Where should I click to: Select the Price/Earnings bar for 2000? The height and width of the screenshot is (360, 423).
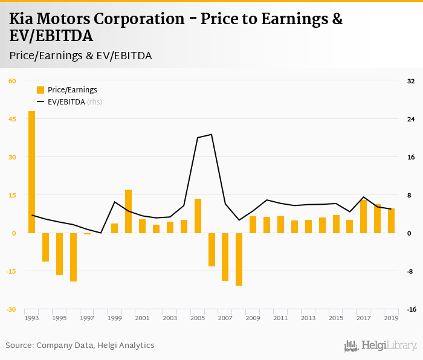(128, 211)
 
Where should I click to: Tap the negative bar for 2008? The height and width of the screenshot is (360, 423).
(239, 259)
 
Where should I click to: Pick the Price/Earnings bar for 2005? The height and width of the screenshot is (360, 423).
(198, 216)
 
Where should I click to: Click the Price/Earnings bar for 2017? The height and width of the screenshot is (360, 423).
(363, 216)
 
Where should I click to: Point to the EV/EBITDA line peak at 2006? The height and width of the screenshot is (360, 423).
(211, 135)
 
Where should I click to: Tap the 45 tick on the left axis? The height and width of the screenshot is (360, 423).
(12, 119)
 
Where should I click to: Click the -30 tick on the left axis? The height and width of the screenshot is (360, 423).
(12, 309)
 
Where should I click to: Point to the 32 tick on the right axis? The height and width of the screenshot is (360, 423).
(411, 81)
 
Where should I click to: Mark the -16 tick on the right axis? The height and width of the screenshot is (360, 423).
(411, 309)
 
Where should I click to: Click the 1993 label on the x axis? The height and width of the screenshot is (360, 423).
(31, 318)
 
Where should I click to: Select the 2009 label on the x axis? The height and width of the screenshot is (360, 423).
(253, 318)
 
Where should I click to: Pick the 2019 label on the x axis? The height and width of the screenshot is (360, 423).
(391, 318)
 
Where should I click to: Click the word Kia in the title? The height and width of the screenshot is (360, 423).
(23, 19)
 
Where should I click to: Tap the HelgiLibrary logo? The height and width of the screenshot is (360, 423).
(380, 346)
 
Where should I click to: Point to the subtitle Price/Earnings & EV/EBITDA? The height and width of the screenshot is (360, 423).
(80, 56)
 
